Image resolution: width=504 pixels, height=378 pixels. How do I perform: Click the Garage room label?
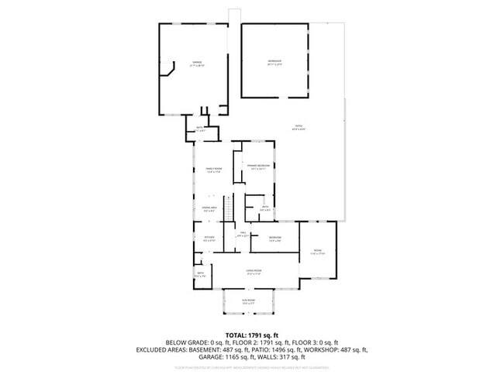pyautogui.click(x=197, y=63)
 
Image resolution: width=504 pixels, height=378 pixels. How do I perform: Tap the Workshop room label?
pyautogui.click(x=274, y=63)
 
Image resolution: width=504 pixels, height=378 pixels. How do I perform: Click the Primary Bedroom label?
pyautogui.click(x=258, y=167)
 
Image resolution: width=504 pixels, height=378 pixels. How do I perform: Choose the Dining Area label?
pyautogui.click(x=209, y=208)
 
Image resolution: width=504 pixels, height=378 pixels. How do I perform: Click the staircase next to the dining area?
pyautogui.click(x=229, y=208)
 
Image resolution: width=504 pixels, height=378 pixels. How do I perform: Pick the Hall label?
pyautogui.click(x=243, y=234)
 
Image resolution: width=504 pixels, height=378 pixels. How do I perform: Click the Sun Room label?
pyautogui.click(x=247, y=301)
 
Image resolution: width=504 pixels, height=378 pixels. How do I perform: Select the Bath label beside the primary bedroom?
pyautogui.click(x=264, y=208)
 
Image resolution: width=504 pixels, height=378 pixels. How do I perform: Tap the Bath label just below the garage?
pyautogui.click(x=200, y=129)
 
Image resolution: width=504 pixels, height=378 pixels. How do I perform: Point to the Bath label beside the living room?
pyautogui.click(x=200, y=274)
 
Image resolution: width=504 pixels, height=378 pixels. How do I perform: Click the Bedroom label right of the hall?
pyautogui.click(x=274, y=238)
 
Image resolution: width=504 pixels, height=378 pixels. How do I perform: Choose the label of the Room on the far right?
pyautogui.click(x=317, y=251)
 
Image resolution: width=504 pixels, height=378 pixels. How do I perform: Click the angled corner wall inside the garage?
pyautogui.click(x=167, y=70)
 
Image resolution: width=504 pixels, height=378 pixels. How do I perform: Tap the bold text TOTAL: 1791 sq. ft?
pyautogui.click(x=251, y=334)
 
